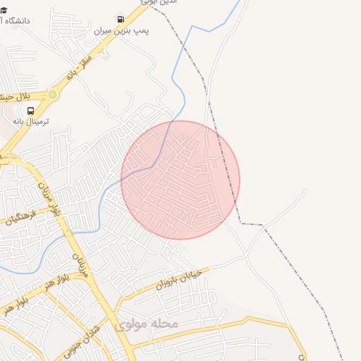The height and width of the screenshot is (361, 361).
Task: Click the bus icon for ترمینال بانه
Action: [30, 111]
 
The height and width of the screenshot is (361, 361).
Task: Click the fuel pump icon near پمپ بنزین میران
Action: [121, 19]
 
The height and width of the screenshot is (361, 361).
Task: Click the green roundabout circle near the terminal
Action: [52, 94]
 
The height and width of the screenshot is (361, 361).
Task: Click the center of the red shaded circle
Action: [180, 180]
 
